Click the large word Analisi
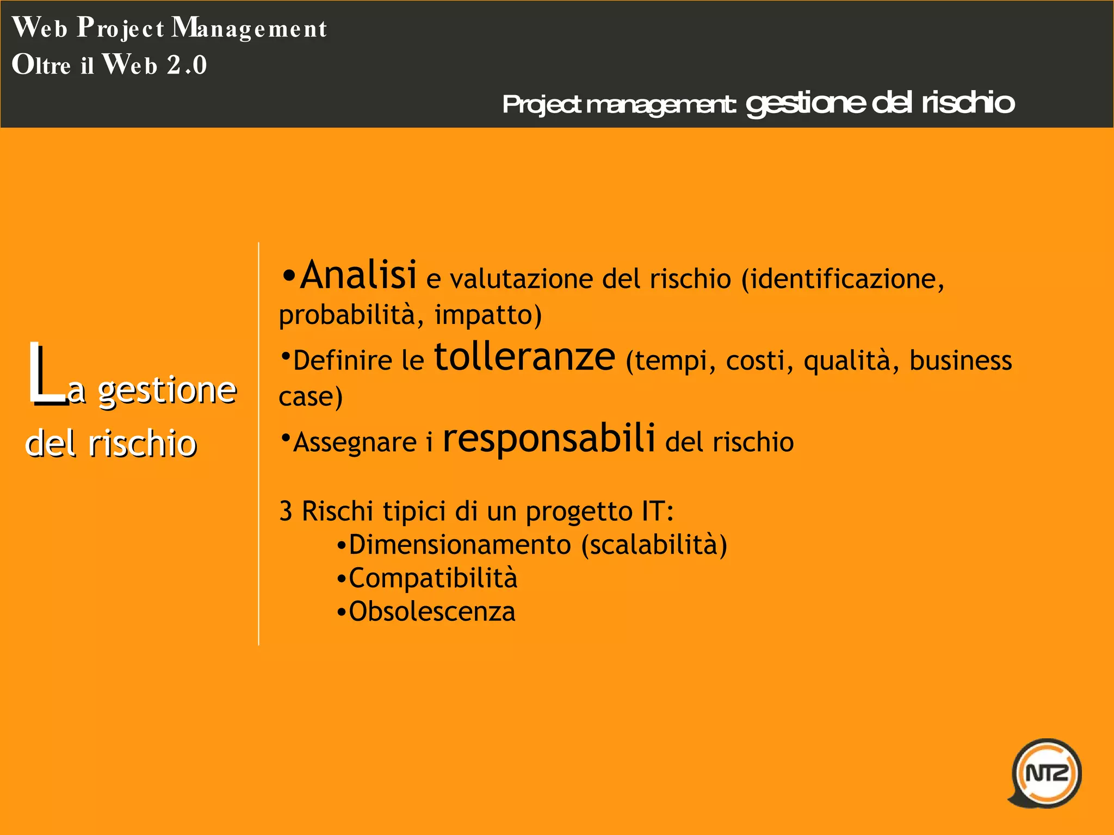click(358, 275)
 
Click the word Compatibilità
click(433, 578)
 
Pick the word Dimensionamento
click(460, 545)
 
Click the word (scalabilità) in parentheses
click(654, 545)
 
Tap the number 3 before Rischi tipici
click(286, 512)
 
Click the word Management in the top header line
click(250, 28)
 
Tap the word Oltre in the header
click(41, 65)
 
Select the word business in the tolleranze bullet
click(961, 361)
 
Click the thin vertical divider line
click(259, 443)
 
